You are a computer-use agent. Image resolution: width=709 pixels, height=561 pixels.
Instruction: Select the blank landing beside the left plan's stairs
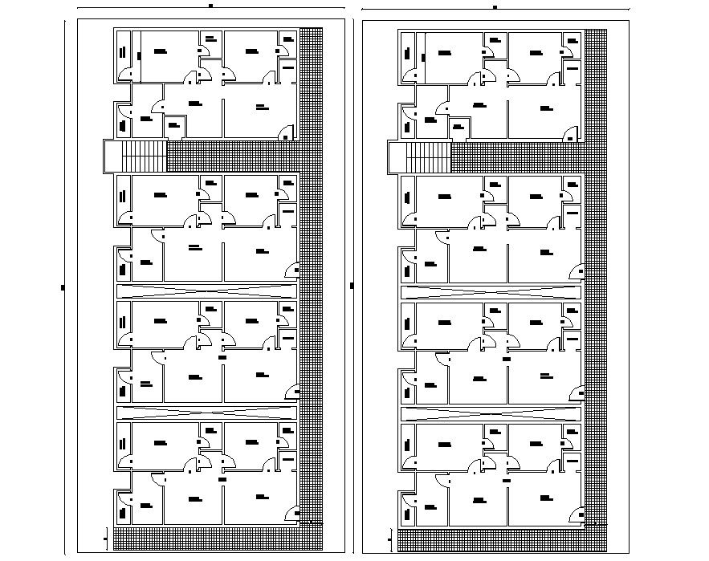coord(112,156)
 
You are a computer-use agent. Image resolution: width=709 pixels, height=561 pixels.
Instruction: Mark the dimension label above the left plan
coord(210,6)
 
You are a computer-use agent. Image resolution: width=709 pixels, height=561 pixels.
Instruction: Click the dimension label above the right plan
coord(495,6)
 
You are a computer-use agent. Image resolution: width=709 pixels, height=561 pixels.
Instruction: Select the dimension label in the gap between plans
coord(352,286)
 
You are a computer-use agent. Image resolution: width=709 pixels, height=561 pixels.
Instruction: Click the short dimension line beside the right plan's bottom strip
coord(391,539)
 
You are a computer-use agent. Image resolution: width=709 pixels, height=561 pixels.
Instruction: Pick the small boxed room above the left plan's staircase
coord(175,127)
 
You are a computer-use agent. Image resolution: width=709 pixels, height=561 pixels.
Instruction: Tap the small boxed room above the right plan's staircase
coord(459,127)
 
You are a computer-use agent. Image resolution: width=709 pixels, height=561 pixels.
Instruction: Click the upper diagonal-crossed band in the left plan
coord(206,291)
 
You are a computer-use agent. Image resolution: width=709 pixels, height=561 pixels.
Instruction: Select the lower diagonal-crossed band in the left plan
coord(206,413)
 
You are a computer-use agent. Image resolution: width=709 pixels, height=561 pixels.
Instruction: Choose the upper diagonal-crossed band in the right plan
coord(491,291)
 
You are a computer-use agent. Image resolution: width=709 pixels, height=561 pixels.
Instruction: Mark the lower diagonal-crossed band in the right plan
coord(491,413)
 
